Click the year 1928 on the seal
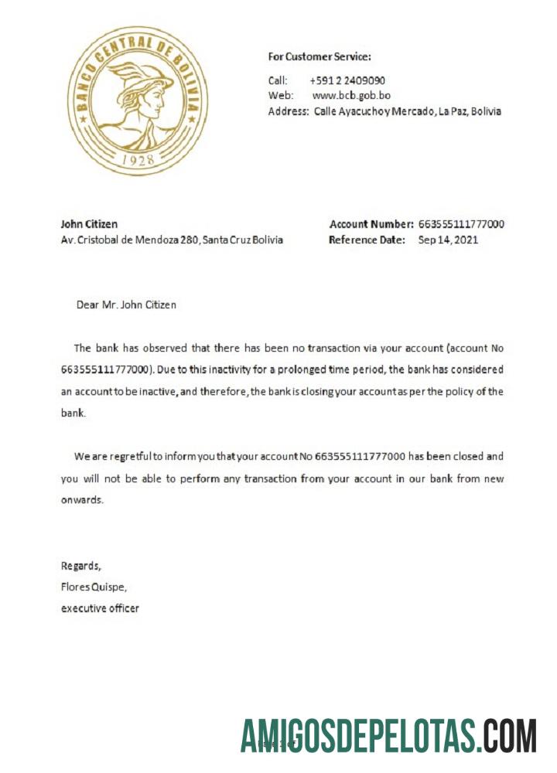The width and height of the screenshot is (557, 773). (138, 160)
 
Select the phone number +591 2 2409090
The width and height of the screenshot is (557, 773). (347, 80)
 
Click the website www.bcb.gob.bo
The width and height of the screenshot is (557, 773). (351, 96)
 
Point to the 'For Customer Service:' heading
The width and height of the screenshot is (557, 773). (320, 56)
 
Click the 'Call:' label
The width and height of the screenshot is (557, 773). (278, 80)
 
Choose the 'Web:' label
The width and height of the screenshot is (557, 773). (280, 96)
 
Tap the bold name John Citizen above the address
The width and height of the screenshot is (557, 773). (89, 224)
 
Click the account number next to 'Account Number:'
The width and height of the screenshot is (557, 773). (461, 224)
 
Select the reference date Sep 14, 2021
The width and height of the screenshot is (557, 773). (448, 240)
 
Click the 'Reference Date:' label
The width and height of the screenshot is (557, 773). (367, 240)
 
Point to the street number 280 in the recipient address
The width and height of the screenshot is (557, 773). (190, 240)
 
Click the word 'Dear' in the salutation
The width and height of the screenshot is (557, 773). (87, 305)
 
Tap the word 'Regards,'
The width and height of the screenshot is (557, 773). (80, 565)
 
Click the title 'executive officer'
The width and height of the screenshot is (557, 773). (100, 608)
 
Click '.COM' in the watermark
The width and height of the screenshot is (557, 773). (507, 736)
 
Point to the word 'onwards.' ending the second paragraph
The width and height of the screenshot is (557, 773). (81, 499)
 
